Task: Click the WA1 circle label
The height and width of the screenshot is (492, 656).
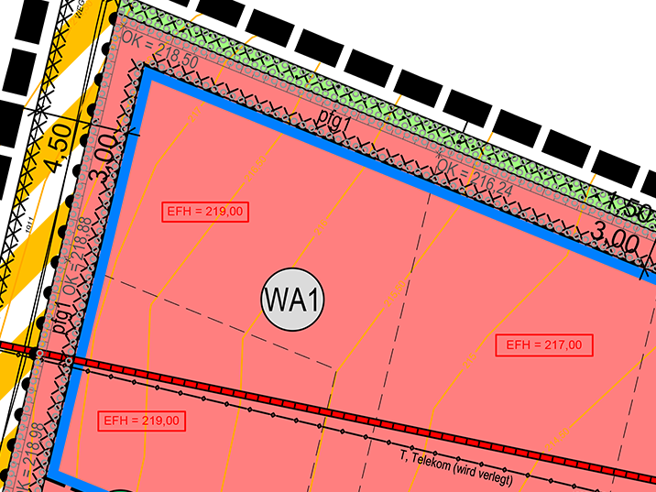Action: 294,299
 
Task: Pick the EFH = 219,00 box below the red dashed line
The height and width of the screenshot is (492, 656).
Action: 143,421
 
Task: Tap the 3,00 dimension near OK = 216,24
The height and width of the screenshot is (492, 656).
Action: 612,243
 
